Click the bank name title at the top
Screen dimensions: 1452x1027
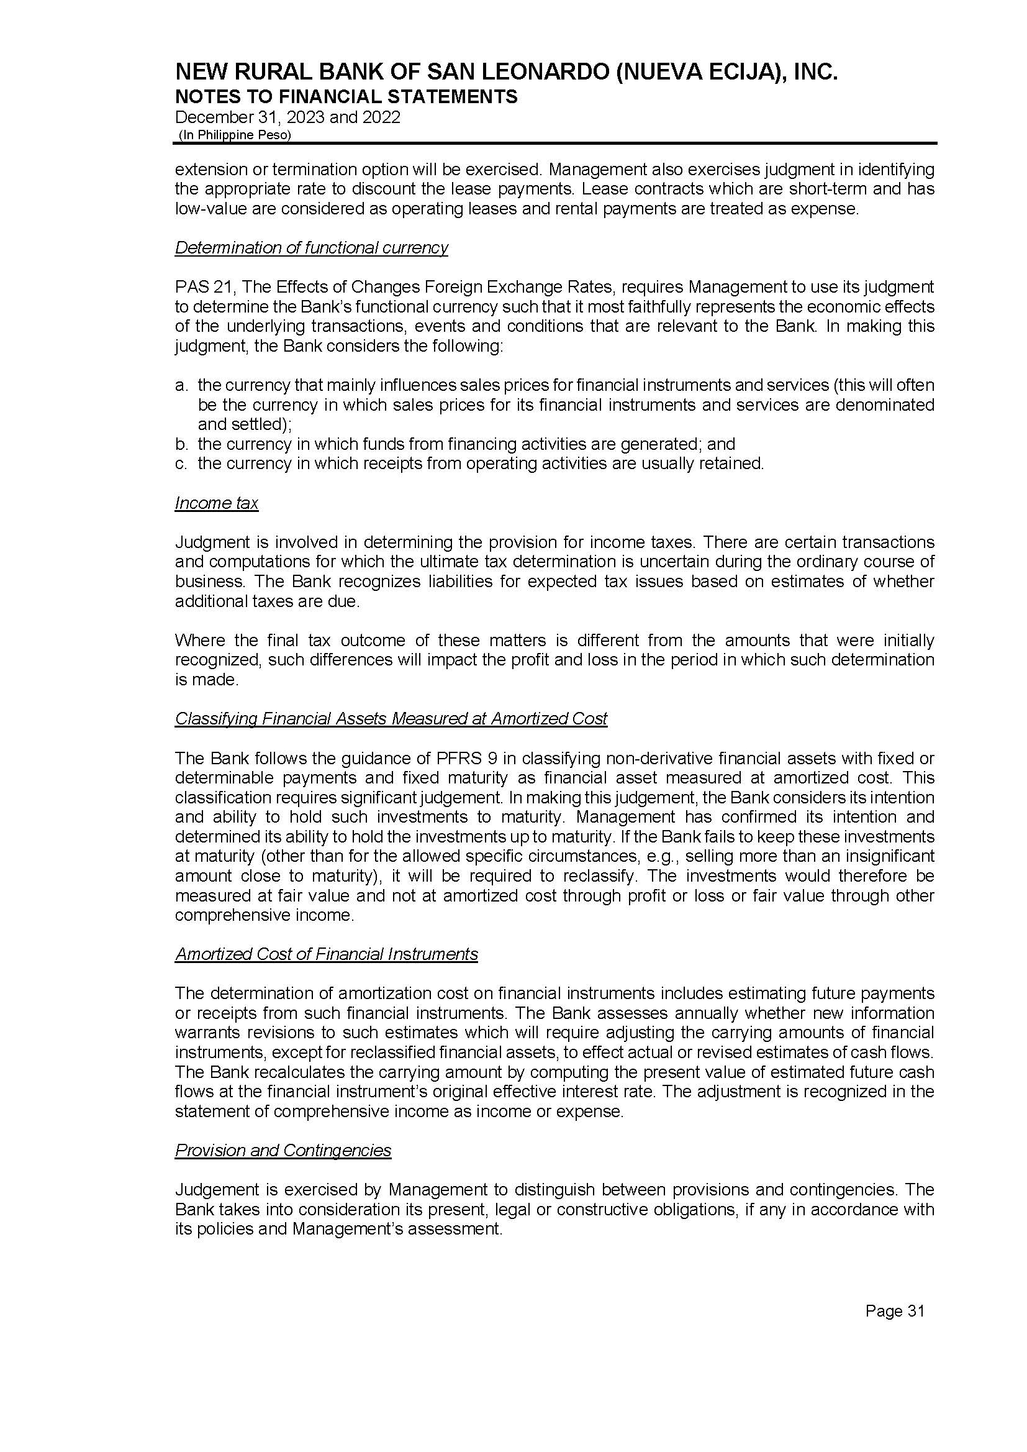(x=506, y=73)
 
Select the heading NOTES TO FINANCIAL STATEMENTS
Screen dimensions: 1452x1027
(x=346, y=97)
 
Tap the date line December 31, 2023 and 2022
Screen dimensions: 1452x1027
(x=287, y=117)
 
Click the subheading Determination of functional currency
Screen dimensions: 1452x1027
(x=311, y=247)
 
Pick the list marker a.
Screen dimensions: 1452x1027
(x=180, y=385)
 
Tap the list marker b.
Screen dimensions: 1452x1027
(x=180, y=444)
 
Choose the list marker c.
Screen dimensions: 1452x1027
(x=180, y=463)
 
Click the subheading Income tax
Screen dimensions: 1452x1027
(x=216, y=503)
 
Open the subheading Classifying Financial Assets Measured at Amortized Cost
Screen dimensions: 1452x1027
(x=391, y=719)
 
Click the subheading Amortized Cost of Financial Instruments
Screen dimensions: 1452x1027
(x=327, y=954)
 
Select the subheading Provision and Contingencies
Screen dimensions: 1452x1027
(x=283, y=1150)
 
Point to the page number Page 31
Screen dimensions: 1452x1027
(x=894, y=1312)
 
